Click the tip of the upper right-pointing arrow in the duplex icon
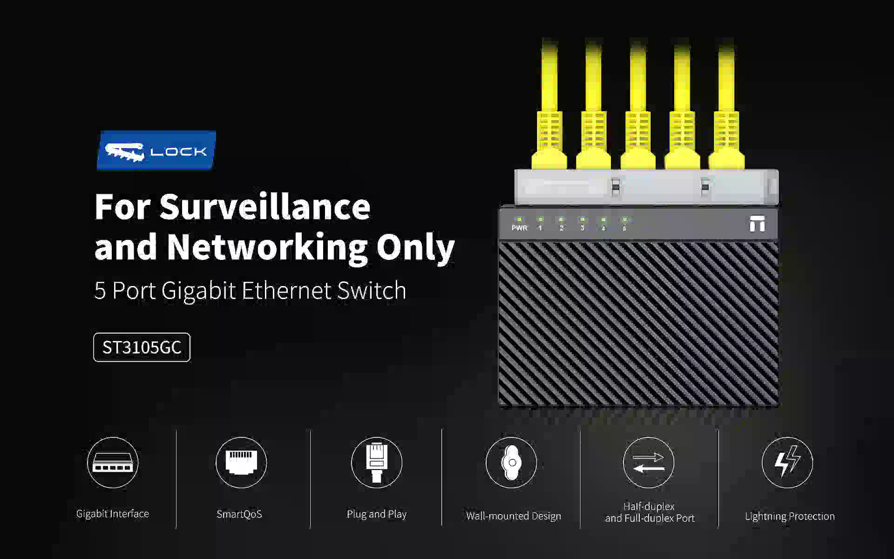(x=664, y=457)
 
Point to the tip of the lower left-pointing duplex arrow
(x=634, y=468)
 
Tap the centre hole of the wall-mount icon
(x=512, y=463)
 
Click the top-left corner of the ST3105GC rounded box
(x=94, y=333)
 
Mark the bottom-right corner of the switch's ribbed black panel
(x=778, y=405)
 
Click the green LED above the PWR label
(x=519, y=218)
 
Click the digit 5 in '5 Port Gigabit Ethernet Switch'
(x=100, y=291)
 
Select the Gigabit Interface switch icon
(x=113, y=463)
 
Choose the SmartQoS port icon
(x=241, y=462)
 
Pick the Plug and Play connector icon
(x=376, y=463)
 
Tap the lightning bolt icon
(x=787, y=461)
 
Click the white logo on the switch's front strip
(x=757, y=224)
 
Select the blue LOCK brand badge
(x=156, y=150)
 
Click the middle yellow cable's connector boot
(x=637, y=140)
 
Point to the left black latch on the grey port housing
(x=615, y=187)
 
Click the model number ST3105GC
(x=142, y=348)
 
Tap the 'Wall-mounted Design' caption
(x=514, y=516)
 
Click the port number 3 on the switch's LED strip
(x=582, y=228)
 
